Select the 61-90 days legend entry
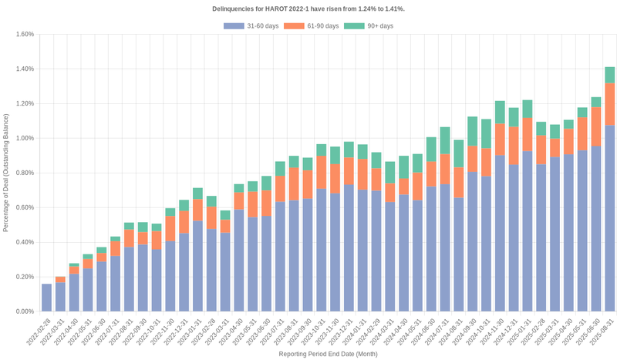[311, 26]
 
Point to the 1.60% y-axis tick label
[24, 34]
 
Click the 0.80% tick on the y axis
[24, 173]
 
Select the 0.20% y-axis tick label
[24, 277]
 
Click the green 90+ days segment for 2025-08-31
[609, 75]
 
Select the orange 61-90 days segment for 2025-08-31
[609, 104]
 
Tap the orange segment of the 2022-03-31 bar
[60, 279]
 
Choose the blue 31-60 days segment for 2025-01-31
[528, 231]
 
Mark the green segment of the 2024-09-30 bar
[472, 131]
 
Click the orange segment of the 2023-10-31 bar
[321, 172]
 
